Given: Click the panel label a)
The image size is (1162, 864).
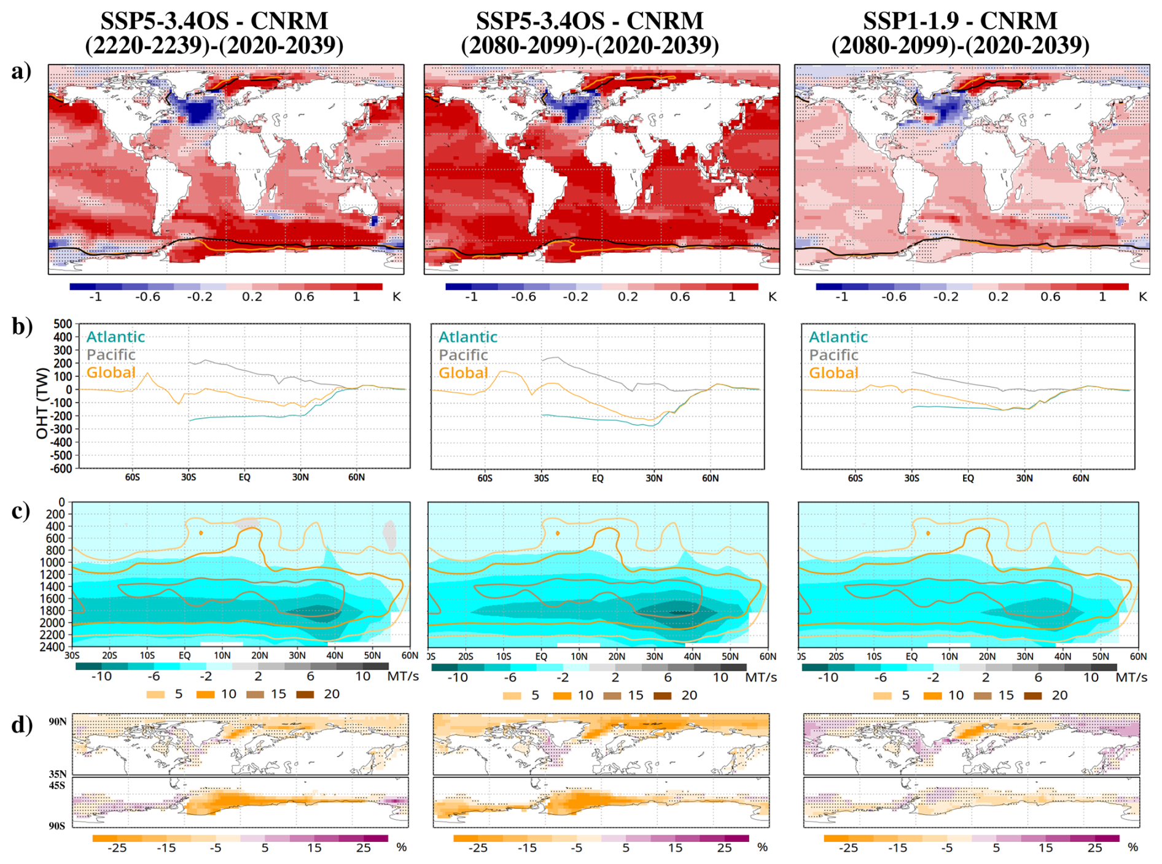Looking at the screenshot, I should pyautogui.click(x=21, y=72).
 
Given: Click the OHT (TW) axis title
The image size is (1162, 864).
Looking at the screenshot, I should pyautogui.click(x=42, y=403).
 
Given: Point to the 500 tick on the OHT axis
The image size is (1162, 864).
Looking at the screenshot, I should pyautogui.click(x=63, y=323).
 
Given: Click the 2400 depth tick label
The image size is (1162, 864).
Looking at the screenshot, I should pyautogui.click(x=54, y=646).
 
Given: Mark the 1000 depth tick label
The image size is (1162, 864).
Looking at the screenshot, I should pyautogui.click(x=54, y=562).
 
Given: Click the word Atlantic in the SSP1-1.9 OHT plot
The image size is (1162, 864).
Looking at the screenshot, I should pyautogui.click(x=838, y=337).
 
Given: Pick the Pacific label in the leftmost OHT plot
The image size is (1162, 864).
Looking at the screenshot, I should pyautogui.click(x=111, y=354).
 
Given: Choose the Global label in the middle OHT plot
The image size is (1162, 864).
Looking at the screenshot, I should pyautogui.click(x=463, y=372).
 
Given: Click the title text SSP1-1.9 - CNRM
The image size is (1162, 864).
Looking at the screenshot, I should pyautogui.click(x=960, y=21).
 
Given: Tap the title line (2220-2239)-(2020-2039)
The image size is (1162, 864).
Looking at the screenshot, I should pyautogui.click(x=214, y=45).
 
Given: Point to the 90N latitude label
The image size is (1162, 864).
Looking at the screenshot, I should pyautogui.click(x=58, y=722).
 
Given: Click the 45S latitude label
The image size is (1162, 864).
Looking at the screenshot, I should pyautogui.click(x=57, y=785).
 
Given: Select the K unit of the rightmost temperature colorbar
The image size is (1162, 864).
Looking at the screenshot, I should pyautogui.click(x=1142, y=296).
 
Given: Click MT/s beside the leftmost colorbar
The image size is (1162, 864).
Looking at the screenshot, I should pyautogui.click(x=403, y=676).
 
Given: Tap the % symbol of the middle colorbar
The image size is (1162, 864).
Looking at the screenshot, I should pyautogui.click(x=762, y=847).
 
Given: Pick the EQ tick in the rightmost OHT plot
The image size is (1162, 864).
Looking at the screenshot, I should pyautogui.click(x=968, y=478).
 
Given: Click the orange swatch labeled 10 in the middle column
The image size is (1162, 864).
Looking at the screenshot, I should pyautogui.click(x=562, y=695).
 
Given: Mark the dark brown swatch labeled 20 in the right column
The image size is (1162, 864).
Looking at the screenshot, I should pyautogui.click(x=1033, y=695).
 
